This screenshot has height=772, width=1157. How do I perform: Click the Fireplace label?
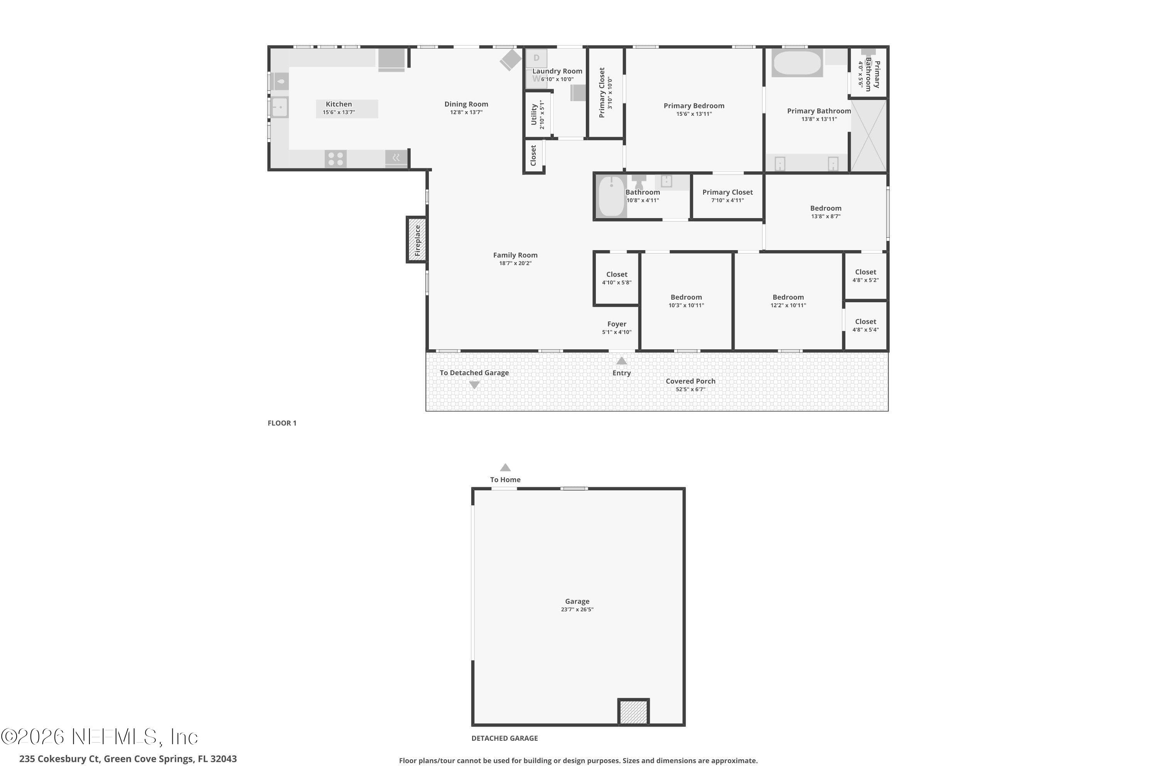click(x=417, y=240)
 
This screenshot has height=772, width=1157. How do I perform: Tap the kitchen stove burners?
click(x=336, y=159)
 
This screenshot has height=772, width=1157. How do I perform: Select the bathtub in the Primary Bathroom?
click(x=797, y=63)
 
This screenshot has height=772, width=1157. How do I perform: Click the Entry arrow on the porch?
click(x=621, y=361)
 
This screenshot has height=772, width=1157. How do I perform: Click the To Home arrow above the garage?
click(x=505, y=467)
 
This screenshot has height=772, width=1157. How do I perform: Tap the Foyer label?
click(x=617, y=324)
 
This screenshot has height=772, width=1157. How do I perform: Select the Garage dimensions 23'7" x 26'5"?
click(x=577, y=609)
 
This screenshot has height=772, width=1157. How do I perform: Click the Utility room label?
click(x=534, y=114)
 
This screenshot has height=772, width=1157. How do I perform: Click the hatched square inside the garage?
click(x=634, y=712)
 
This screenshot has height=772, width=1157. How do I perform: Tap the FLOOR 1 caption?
click(x=282, y=423)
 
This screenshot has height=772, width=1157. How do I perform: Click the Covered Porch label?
click(x=690, y=381)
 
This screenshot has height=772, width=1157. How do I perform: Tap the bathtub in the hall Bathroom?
click(x=611, y=196)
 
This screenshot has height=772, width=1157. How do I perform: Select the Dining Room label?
click(x=466, y=104)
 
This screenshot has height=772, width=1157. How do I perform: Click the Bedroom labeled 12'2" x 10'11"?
click(x=788, y=297)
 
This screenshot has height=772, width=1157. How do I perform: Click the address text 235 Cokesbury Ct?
click(x=59, y=759)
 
